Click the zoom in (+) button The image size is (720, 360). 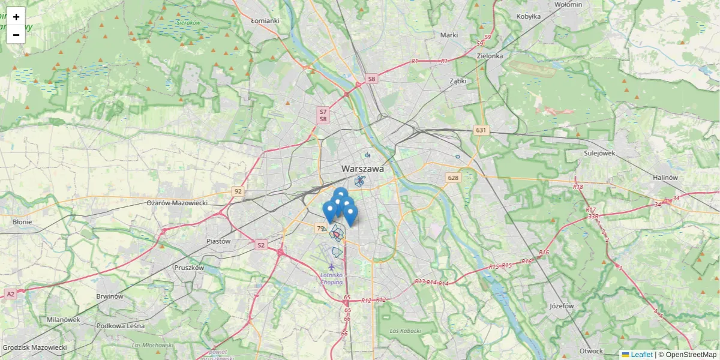coord(16,17)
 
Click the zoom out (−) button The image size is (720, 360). coord(16,35)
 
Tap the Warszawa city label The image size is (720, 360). coord(362,169)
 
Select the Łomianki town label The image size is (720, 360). coord(265,20)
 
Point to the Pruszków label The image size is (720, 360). coord(189,268)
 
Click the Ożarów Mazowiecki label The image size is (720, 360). coord(177,203)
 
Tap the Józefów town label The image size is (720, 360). coord(562,305)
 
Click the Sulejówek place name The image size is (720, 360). coord(599,153)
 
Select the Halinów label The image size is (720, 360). coord(665,178)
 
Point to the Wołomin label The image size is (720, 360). coord(568,4)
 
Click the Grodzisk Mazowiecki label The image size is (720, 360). coord(35,347)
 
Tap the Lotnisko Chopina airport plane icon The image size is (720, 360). coord(331,266)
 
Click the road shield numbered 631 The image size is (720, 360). coord(481,130)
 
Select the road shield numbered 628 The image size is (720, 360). coord(452,178)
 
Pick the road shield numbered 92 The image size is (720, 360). coord(238,191)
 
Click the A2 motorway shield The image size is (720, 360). coord(10,294)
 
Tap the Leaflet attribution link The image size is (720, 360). coord(641,355)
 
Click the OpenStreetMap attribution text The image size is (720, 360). coord(688,355)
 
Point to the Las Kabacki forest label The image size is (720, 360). coord(405,331)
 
